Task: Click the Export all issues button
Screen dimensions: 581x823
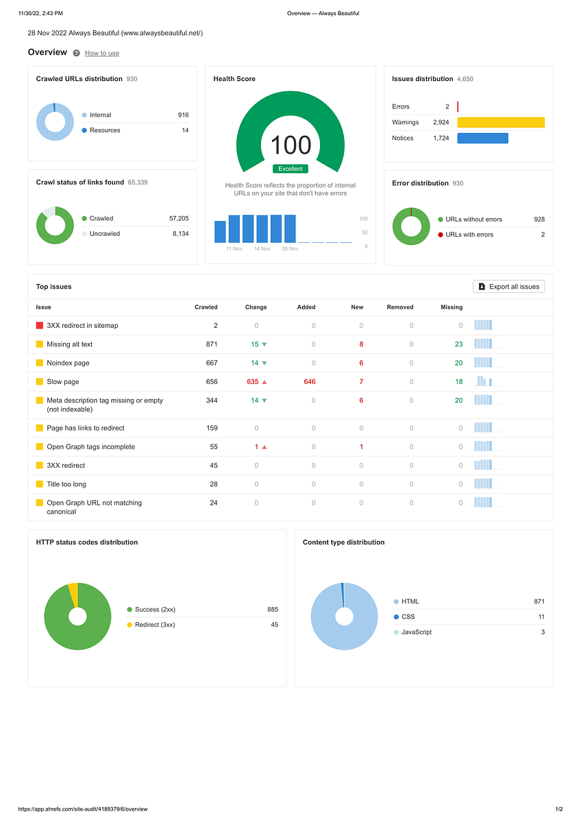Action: coord(508,287)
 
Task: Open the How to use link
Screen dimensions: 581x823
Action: coord(102,53)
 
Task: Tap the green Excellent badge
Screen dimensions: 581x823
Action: coord(290,169)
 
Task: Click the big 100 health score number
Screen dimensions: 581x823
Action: coord(290,145)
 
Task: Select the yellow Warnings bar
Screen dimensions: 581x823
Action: coord(501,122)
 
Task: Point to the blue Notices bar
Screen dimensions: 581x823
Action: coord(482,138)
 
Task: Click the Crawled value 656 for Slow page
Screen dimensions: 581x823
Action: coord(212,382)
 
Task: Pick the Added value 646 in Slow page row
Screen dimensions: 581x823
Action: coord(310,382)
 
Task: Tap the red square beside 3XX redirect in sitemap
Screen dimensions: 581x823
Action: coord(40,325)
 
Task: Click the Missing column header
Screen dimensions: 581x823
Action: coord(452,307)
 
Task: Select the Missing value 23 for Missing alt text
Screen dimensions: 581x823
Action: coord(459,344)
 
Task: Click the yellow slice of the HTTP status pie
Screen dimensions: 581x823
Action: coord(74,594)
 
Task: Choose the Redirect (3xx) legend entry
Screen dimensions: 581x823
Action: coord(151,625)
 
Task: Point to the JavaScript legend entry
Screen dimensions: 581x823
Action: coord(412,632)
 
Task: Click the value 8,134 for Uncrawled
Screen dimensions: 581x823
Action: coord(181,234)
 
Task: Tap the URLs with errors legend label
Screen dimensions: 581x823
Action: coord(469,235)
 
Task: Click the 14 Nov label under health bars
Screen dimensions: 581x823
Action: coord(262,249)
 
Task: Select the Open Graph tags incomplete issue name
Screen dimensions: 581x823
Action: coord(90,446)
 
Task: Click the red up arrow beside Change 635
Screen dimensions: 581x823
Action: coord(264,382)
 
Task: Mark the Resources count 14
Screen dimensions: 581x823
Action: coord(186,130)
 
